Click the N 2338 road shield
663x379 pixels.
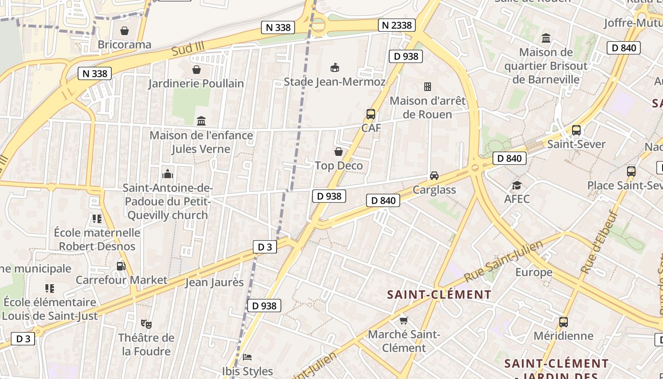point(396,25)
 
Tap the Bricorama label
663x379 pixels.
point(124,45)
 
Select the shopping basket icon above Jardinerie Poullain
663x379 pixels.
point(197,70)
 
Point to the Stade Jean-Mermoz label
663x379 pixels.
point(334,81)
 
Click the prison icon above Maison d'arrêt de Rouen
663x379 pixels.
point(428,87)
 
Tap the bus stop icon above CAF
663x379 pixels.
point(371,114)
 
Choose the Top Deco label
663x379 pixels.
point(339,166)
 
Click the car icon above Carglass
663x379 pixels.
point(434,176)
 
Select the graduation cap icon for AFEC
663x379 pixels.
point(517,185)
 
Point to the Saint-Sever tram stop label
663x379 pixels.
point(576,144)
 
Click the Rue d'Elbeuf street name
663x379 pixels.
point(600,242)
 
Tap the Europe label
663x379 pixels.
point(534,272)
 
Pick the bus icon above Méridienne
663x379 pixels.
point(564,322)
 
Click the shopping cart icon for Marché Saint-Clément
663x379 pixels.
point(404,321)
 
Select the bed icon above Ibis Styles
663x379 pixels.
point(247,357)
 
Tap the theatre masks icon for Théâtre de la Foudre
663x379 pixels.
point(146,324)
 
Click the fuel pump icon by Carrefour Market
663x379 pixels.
point(121,266)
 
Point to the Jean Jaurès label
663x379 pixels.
point(214,282)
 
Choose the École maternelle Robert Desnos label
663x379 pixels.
point(97,239)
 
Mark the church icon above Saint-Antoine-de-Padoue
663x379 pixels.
point(168,174)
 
